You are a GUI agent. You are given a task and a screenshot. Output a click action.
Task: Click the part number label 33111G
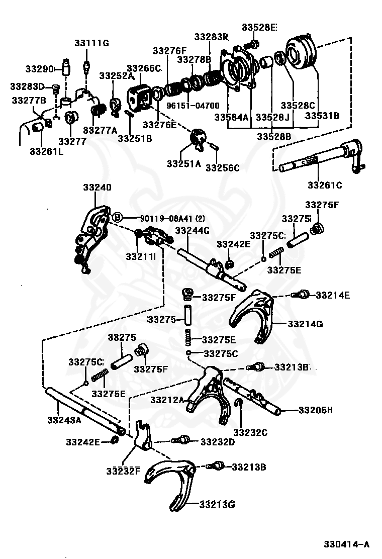point(91,43)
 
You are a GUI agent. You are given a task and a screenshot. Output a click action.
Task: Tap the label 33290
point(39,68)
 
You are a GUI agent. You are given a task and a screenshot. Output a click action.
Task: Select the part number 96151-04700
point(193,106)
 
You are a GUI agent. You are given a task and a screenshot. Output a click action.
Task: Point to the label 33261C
point(325,185)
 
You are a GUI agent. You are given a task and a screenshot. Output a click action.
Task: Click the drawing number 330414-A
point(346,544)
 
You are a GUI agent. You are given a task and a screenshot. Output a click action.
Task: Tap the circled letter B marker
point(118,217)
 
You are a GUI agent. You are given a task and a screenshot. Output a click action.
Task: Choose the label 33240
point(98,187)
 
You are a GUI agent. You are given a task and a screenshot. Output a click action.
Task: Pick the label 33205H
point(315,410)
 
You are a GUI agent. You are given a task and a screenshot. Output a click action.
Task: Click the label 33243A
point(64,420)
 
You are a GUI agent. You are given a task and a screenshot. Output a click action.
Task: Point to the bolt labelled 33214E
point(301,295)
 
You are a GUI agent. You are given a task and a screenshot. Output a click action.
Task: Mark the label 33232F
point(123,471)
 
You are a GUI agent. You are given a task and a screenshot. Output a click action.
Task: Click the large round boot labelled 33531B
point(301,53)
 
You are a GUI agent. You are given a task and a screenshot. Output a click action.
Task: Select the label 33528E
point(259,27)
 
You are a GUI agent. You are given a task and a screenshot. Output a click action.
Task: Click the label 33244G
point(193,230)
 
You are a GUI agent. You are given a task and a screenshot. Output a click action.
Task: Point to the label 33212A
point(167,400)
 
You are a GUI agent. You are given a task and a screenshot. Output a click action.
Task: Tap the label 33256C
point(223,167)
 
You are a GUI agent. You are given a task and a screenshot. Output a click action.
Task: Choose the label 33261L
point(47,151)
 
